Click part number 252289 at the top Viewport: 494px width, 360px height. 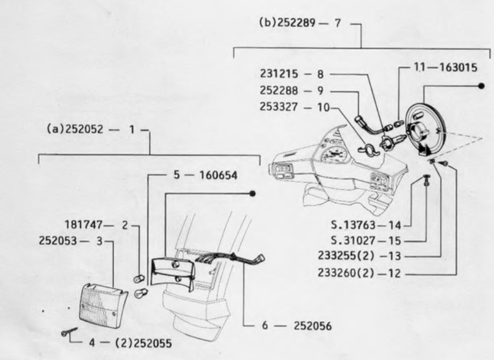(x=296, y=23)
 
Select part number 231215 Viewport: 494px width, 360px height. (x=279, y=74)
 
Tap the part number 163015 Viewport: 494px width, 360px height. (x=459, y=67)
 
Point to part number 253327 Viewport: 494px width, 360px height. (x=279, y=107)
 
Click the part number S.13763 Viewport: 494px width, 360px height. (x=353, y=225)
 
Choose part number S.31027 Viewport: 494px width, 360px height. (x=353, y=241)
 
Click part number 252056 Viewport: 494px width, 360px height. (x=313, y=326)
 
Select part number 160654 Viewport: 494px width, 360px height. (x=219, y=175)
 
